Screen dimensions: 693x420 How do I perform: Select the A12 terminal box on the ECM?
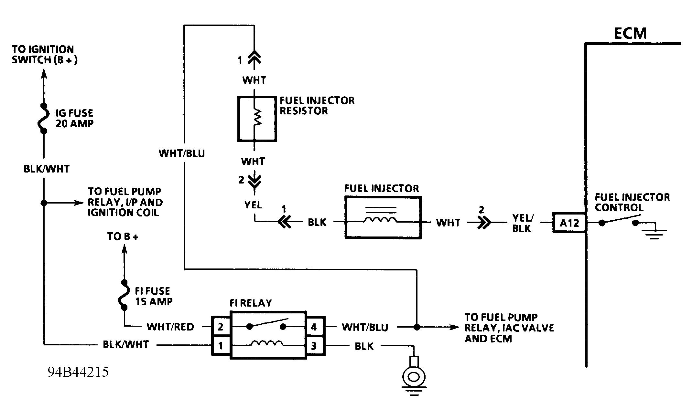[569, 223]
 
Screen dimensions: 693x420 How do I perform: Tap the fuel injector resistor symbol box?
[257, 119]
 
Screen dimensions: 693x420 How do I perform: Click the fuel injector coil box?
[383, 218]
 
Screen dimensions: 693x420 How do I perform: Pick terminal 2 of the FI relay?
[221, 327]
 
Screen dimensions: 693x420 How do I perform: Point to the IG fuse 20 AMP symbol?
[44, 118]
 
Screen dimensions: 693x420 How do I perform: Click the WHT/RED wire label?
[170, 327]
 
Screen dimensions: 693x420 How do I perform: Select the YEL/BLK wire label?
[522, 223]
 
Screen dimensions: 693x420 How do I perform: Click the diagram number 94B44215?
[78, 372]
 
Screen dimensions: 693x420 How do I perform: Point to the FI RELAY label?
[251, 303]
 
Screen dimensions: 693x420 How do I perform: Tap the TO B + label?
[123, 236]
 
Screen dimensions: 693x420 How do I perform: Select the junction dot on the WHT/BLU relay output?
[417, 327]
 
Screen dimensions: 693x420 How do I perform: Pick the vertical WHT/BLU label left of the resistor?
[182, 153]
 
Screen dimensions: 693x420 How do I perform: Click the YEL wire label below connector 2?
[253, 205]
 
